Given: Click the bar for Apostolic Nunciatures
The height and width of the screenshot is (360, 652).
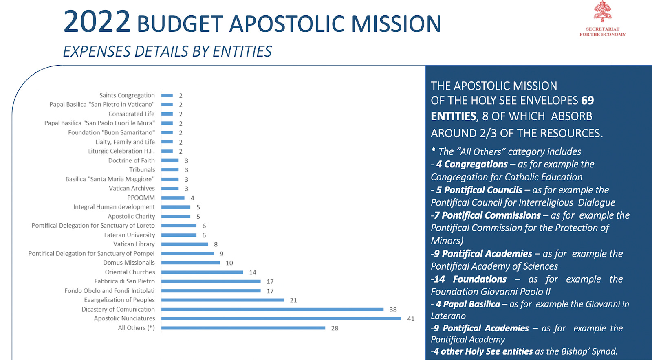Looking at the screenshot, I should [281, 318].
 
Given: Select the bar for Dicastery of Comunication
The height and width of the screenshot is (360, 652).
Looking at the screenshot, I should [272, 310].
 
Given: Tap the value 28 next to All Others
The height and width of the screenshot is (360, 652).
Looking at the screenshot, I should [335, 328].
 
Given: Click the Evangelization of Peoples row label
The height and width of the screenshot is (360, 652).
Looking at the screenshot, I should [119, 300].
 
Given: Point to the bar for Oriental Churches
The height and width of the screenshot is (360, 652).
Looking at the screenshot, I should [202, 272].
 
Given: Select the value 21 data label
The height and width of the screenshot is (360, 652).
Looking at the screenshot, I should [293, 300].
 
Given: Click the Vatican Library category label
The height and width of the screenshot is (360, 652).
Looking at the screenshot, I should [134, 244].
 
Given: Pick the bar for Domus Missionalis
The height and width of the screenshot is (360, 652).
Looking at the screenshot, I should [190, 263].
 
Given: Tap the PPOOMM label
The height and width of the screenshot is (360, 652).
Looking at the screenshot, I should [141, 198].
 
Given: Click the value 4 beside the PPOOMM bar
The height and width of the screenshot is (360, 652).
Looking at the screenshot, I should [192, 198].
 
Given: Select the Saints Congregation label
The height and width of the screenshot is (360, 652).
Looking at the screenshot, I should [127, 95].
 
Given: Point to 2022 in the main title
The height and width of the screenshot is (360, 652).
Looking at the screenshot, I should [97, 22].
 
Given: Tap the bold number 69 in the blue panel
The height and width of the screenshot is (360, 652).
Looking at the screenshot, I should [587, 100].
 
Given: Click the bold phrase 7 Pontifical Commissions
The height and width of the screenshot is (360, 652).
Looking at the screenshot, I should [487, 215].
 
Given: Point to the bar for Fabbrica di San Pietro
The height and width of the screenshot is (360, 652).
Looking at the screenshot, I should [211, 281].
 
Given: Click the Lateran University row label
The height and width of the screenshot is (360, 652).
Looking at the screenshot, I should [130, 235].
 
